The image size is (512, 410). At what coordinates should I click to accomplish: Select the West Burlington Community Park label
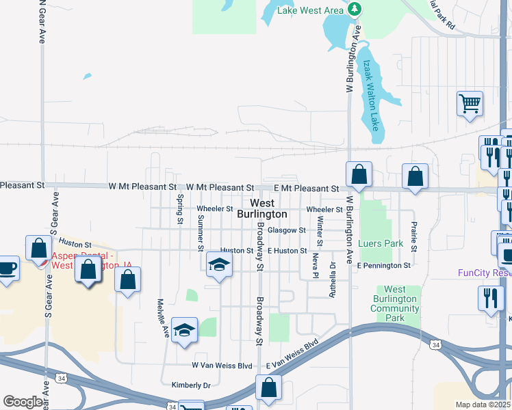tap(395, 304)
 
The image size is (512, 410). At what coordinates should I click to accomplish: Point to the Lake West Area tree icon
tap(354, 9)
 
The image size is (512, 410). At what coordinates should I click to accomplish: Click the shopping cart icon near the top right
tap(470, 105)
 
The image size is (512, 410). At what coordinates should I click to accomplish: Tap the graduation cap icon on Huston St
tap(218, 263)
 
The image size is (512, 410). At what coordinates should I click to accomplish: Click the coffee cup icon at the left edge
tap(7, 267)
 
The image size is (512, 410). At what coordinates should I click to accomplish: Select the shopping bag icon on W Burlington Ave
tap(359, 174)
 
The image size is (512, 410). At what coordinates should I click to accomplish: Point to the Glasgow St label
tap(286, 230)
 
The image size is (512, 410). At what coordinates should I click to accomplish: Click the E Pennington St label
tap(383, 265)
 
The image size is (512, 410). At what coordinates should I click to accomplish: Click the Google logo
tap(23, 402)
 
